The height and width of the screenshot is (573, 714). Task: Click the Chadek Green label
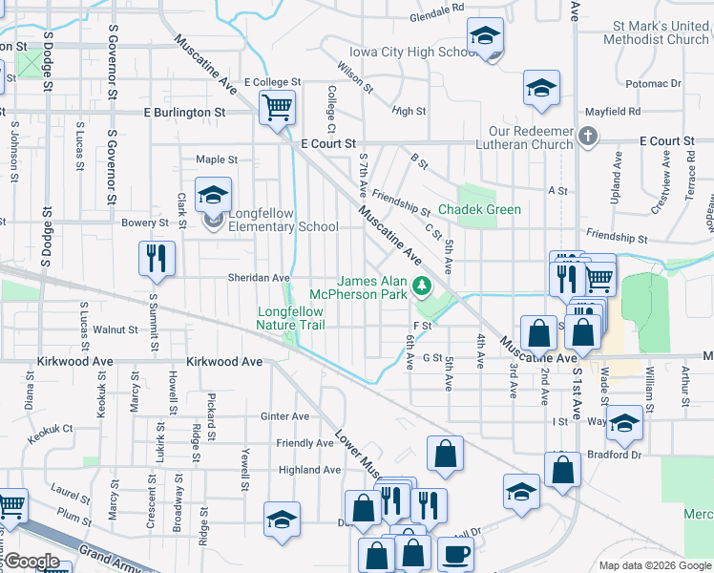point(479,209)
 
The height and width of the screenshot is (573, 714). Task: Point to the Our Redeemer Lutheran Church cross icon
point(588,136)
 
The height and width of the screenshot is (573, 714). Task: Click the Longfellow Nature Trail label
point(290,318)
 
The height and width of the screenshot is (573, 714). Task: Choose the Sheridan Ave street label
point(258,278)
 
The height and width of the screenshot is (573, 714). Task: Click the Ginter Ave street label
point(284,416)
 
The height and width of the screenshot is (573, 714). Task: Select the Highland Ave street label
point(309,470)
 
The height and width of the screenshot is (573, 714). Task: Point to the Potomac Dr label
point(654,84)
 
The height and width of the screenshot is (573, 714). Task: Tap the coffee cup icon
point(455,553)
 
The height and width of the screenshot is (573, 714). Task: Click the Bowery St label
point(145,223)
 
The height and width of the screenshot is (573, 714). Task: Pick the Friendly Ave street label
point(304,443)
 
